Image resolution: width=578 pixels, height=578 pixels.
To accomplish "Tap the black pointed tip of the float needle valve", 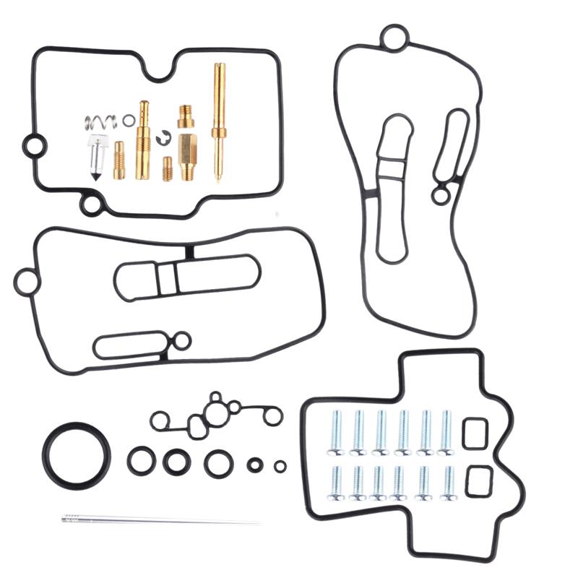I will (95, 175).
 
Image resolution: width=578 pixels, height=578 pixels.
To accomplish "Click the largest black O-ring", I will (76, 455).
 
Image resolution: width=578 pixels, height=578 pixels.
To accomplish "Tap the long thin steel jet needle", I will (159, 519).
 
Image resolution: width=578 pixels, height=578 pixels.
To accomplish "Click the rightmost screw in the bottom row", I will (449, 483).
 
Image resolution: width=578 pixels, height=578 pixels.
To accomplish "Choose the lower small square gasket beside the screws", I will (478, 481).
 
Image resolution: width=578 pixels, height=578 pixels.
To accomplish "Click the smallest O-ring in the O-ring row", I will (280, 466).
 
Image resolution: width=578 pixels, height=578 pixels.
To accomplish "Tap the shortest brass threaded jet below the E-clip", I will (167, 169).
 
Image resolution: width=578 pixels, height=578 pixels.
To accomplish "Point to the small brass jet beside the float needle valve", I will (119, 160).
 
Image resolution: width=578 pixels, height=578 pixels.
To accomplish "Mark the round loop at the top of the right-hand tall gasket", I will (394, 38).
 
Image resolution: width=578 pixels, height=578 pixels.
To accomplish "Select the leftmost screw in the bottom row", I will (336, 483).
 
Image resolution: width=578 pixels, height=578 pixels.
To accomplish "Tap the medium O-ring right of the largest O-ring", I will (141, 460).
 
